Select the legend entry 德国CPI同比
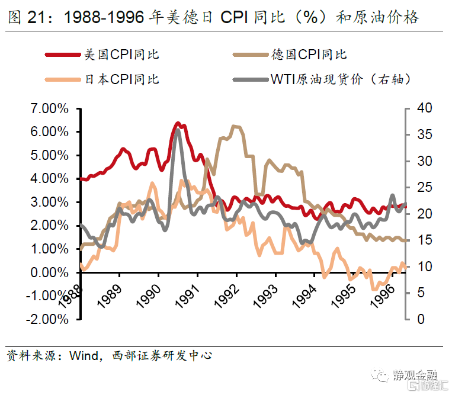(x=309, y=54)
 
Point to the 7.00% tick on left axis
(x=49, y=108)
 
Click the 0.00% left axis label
(x=49, y=272)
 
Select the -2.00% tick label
(x=47, y=319)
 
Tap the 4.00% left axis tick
(x=49, y=179)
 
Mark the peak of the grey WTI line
(x=177, y=130)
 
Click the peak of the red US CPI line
(x=178, y=123)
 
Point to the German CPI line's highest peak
(x=234, y=126)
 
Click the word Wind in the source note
(x=82, y=356)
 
